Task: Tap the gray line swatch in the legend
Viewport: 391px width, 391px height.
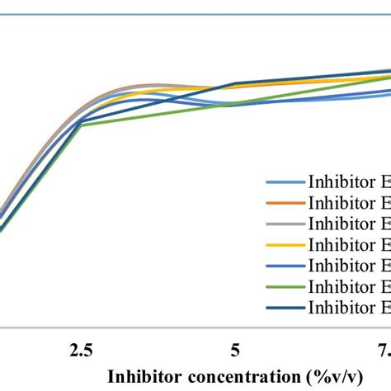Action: [x=283, y=223]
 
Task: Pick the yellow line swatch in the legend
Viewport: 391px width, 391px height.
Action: [x=283, y=244]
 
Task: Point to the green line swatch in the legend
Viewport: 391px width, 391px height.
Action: [x=283, y=286]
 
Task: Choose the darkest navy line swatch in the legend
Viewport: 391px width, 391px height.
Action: [x=283, y=308]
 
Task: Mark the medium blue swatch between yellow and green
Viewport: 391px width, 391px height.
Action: [x=283, y=265]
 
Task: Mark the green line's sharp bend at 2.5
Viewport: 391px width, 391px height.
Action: [x=81, y=125]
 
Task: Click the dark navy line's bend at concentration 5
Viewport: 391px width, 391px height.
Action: [x=236, y=84]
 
